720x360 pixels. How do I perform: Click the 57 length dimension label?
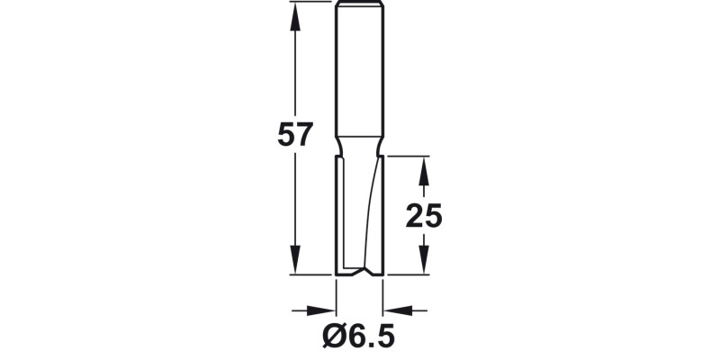tap(294, 134)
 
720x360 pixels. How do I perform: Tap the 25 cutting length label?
tap(423, 216)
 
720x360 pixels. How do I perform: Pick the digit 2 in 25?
tap(414, 216)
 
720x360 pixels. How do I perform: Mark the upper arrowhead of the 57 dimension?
tap(294, 11)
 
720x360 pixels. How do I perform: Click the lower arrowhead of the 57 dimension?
tap(294, 265)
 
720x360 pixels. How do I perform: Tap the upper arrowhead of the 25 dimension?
tap(425, 164)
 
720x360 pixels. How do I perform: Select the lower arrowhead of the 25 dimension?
tap(425, 265)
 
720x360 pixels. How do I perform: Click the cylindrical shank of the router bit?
tap(359, 72)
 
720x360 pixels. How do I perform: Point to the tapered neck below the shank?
tap(359, 146)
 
